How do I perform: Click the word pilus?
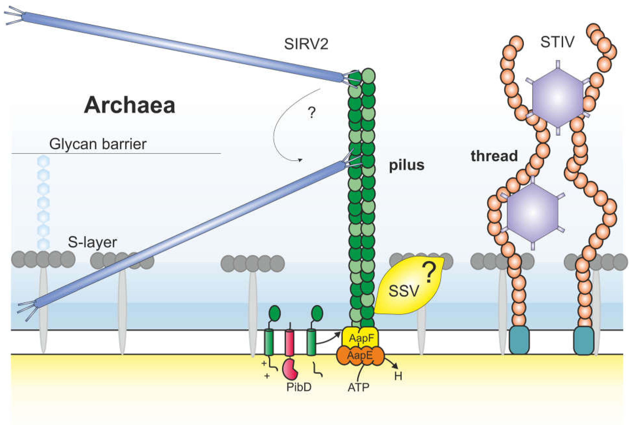[406, 165]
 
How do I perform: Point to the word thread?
[494, 156]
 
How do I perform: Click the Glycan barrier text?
[98, 144]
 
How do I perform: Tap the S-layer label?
[92, 242]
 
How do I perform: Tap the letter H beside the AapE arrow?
[398, 376]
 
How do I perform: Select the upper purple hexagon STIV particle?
[558, 98]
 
